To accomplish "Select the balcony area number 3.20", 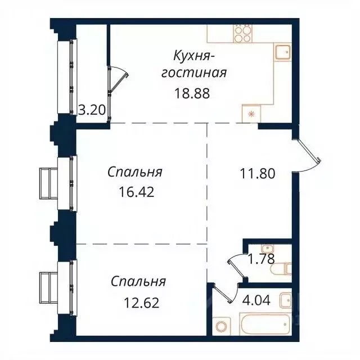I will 92,110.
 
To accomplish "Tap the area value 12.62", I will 141,303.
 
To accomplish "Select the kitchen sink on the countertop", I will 282,53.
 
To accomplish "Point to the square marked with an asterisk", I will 250,114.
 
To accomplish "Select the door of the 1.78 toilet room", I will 236,264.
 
